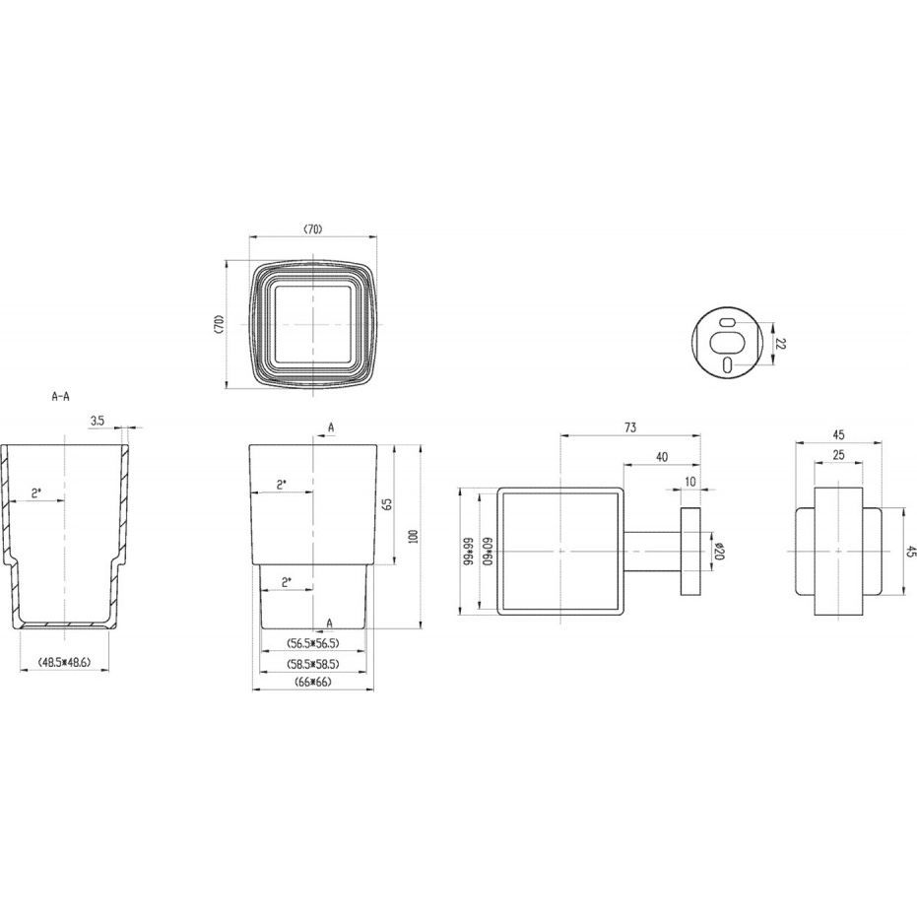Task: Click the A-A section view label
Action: click(60, 396)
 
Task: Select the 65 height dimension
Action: click(387, 504)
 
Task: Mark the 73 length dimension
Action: click(630, 426)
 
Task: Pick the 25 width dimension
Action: click(837, 454)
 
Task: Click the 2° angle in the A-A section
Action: click(37, 492)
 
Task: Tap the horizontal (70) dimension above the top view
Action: click(312, 229)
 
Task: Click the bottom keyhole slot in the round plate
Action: click(726, 365)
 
